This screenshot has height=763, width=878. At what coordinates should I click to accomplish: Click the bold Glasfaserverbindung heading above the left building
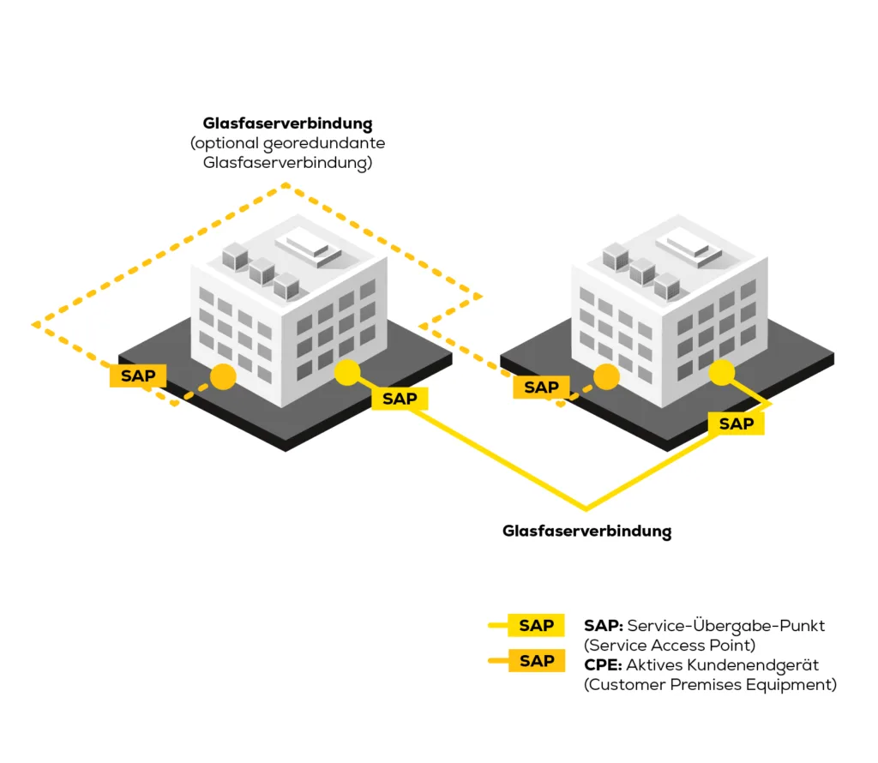(x=287, y=123)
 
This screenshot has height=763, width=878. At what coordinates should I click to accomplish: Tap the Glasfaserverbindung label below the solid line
(x=586, y=532)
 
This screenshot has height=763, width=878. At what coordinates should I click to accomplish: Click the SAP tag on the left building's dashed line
(x=138, y=375)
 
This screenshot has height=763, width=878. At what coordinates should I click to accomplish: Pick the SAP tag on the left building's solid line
(x=400, y=399)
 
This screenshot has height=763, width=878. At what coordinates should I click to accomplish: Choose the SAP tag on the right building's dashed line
(x=541, y=388)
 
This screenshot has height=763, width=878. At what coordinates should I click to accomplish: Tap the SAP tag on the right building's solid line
(x=736, y=424)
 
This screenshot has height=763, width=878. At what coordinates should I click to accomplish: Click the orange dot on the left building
(x=224, y=377)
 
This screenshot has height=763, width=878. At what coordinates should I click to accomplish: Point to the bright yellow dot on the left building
(x=346, y=372)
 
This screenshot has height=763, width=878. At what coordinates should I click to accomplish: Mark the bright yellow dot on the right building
(x=722, y=372)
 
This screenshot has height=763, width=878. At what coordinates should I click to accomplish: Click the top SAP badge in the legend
(x=537, y=626)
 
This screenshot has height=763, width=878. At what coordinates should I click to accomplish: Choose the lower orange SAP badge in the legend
(x=537, y=661)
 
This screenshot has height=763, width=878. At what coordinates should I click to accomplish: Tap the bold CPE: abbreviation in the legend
(x=603, y=665)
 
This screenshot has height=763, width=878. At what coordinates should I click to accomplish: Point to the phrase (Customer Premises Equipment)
(x=710, y=685)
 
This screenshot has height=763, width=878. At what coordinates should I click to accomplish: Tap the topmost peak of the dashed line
(x=287, y=184)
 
